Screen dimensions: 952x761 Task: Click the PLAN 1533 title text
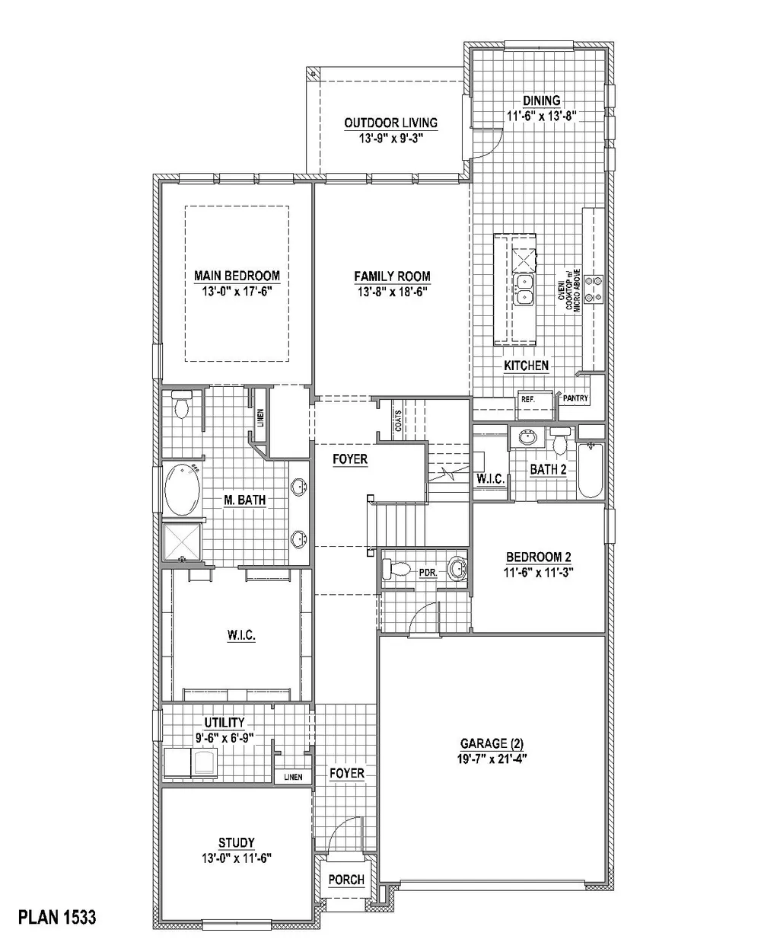(x=58, y=917)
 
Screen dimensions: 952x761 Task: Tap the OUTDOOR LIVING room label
(x=390, y=123)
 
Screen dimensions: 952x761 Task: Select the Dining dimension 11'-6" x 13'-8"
(x=542, y=116)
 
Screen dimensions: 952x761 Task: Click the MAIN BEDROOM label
(x=237, y=276)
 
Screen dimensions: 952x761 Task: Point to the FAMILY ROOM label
(x=392, y=276)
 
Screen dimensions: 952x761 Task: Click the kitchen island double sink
(x=524, y=289)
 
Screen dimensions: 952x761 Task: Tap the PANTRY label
(x=575, y=398)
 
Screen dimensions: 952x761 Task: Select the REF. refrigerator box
(x=529, y=399)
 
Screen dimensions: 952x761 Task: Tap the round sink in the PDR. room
(x=457, y=568)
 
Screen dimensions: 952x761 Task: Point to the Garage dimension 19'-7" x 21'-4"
(x=492, y=758)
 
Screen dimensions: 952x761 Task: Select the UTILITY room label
(x=224, y=723)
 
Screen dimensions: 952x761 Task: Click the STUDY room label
(x=237, y=842)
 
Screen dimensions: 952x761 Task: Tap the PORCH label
(x=346, y=880)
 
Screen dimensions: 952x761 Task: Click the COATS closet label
(x=398, y=421)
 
